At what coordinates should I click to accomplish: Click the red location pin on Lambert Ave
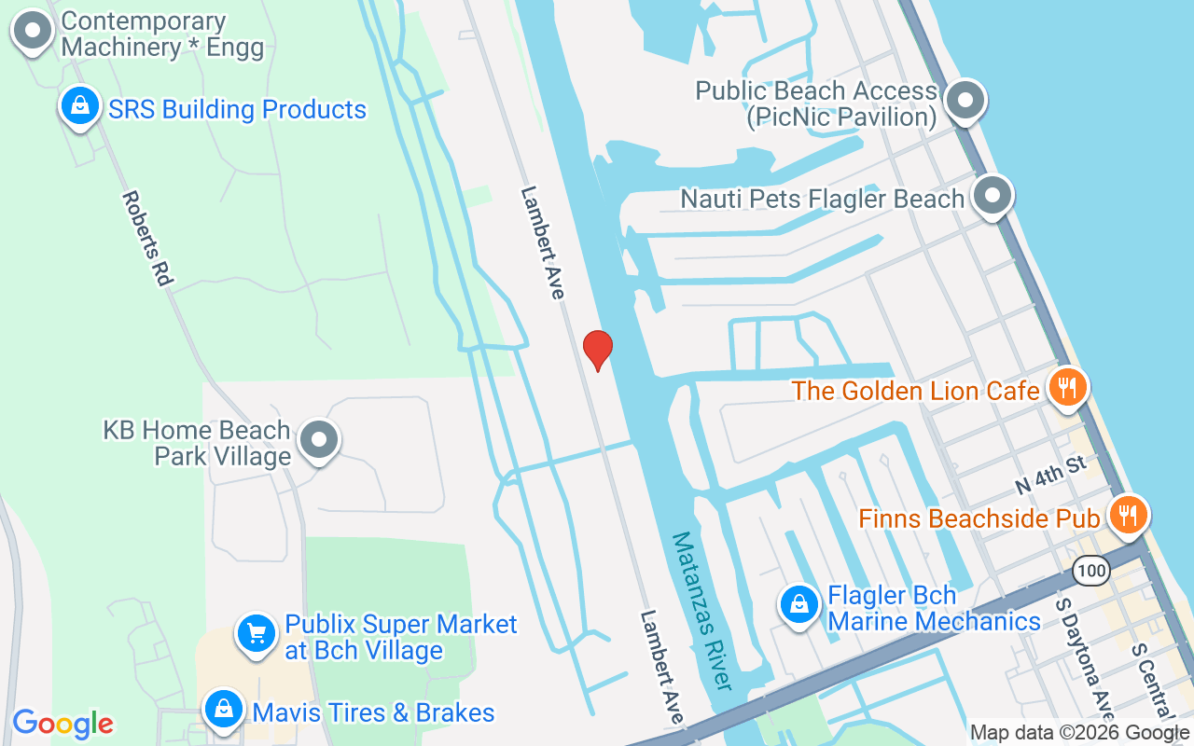[597, 350]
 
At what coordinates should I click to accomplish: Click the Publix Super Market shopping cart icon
[256, 634]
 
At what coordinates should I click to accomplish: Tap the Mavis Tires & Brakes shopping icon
[225, 711]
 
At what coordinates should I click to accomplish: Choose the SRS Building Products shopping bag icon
[81, 106]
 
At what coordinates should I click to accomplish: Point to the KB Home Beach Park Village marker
[320, 440]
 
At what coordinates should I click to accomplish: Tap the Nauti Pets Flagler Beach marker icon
[993, 196]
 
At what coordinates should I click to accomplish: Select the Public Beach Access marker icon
[966, 101]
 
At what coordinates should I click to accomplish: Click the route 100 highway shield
[1090, 570]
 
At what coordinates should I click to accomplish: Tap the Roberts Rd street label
[148, 238]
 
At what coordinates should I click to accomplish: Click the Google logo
[63, 723]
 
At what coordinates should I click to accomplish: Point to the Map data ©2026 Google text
[1079, 732]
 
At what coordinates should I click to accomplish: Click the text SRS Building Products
[238, 109]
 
